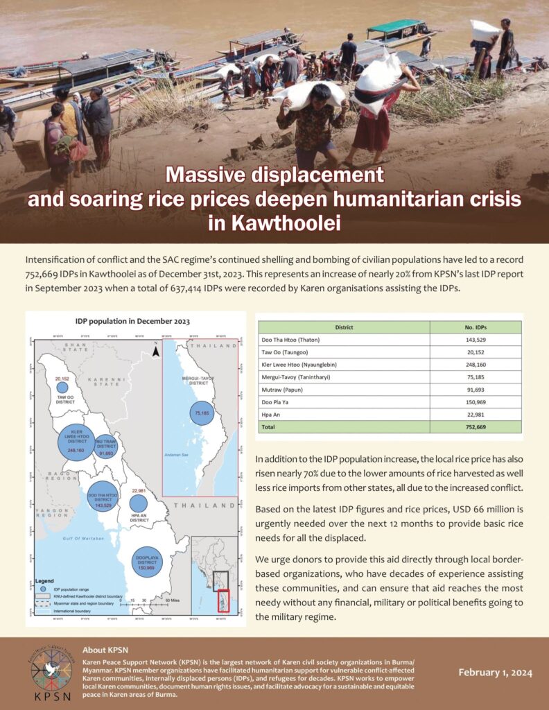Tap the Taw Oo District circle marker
point(62,388)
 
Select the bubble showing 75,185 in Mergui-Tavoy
point(203,414)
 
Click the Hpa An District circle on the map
point(139,504)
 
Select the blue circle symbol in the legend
point(39,589)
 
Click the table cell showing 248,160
point(476,365)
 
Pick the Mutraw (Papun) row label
point(285,390)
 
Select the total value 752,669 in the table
point(476,427)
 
